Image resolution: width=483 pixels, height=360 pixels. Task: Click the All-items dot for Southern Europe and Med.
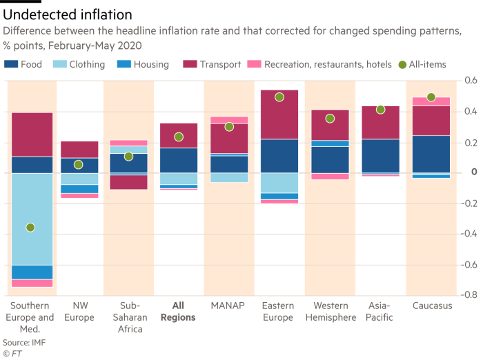click(x=30, y=228)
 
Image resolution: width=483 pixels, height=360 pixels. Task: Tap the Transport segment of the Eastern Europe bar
click(x=279, y=114)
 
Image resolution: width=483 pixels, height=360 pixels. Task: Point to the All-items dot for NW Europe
click(x=79, y=165)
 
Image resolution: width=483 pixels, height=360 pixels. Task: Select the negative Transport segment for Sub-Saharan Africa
click(x=128, y=181)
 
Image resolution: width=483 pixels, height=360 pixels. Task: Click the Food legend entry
click(x=23, y=65)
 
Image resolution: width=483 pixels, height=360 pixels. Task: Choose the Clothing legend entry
click(x=80, y=65)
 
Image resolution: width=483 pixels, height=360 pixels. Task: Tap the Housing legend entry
click(x=144, y=65)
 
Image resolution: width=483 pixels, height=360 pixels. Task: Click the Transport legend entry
click(x=210, y=65)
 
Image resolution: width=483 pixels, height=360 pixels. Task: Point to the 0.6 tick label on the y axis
click(x=471, y=81)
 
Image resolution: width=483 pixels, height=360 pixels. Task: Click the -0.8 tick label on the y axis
click(x=469, y=294)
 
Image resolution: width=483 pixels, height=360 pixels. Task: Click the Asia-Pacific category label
click(x=380, y=312)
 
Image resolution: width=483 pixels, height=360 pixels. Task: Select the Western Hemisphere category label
click(x=330, y=312)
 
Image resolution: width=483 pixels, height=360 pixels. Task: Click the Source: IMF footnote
click(x=21, y=342)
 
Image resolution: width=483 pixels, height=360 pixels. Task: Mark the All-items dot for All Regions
click(x=179, y=137)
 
